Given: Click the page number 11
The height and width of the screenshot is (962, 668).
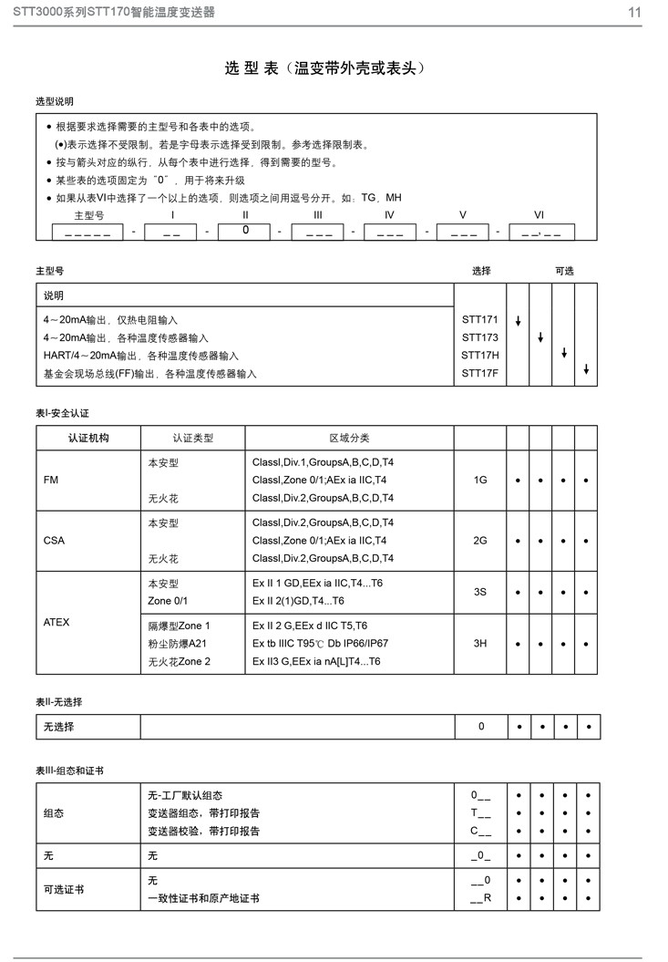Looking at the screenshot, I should click(x=634, y=12).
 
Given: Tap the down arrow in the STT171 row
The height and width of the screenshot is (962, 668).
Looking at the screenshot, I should click(x=518, y=321).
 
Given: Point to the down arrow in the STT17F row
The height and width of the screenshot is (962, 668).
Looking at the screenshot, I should click(x=587, y=369).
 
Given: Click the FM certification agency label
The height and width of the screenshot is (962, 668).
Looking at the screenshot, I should click(x=51, y=480).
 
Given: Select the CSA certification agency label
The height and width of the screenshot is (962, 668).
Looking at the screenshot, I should click(x=54, y=541).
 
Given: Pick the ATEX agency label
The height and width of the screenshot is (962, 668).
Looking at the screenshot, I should click(x=57, y=622).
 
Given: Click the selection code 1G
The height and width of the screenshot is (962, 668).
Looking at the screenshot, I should click(x=480, y=480).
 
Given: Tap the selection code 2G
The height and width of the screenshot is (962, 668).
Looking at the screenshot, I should click(x=480, y=541).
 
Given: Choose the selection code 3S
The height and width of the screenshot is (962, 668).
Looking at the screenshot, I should click(x=480, y=592).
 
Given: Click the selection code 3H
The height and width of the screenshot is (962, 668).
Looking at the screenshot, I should click(x=480, y=644).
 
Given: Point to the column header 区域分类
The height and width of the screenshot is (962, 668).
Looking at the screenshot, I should click(x=349, y=438).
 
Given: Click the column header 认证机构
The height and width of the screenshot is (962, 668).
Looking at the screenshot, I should click(x=88, y=438).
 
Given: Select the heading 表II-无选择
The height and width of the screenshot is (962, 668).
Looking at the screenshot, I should click(x=65, y=701).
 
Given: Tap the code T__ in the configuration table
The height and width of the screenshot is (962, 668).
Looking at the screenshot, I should click(x=480, y=813).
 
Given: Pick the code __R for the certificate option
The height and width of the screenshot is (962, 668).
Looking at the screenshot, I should click(x=480, y=898).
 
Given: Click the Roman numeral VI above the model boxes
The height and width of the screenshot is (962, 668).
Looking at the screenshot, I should click(x=539, y=214).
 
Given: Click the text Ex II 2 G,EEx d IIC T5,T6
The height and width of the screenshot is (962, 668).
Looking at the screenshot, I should click(x=310, y=626).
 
